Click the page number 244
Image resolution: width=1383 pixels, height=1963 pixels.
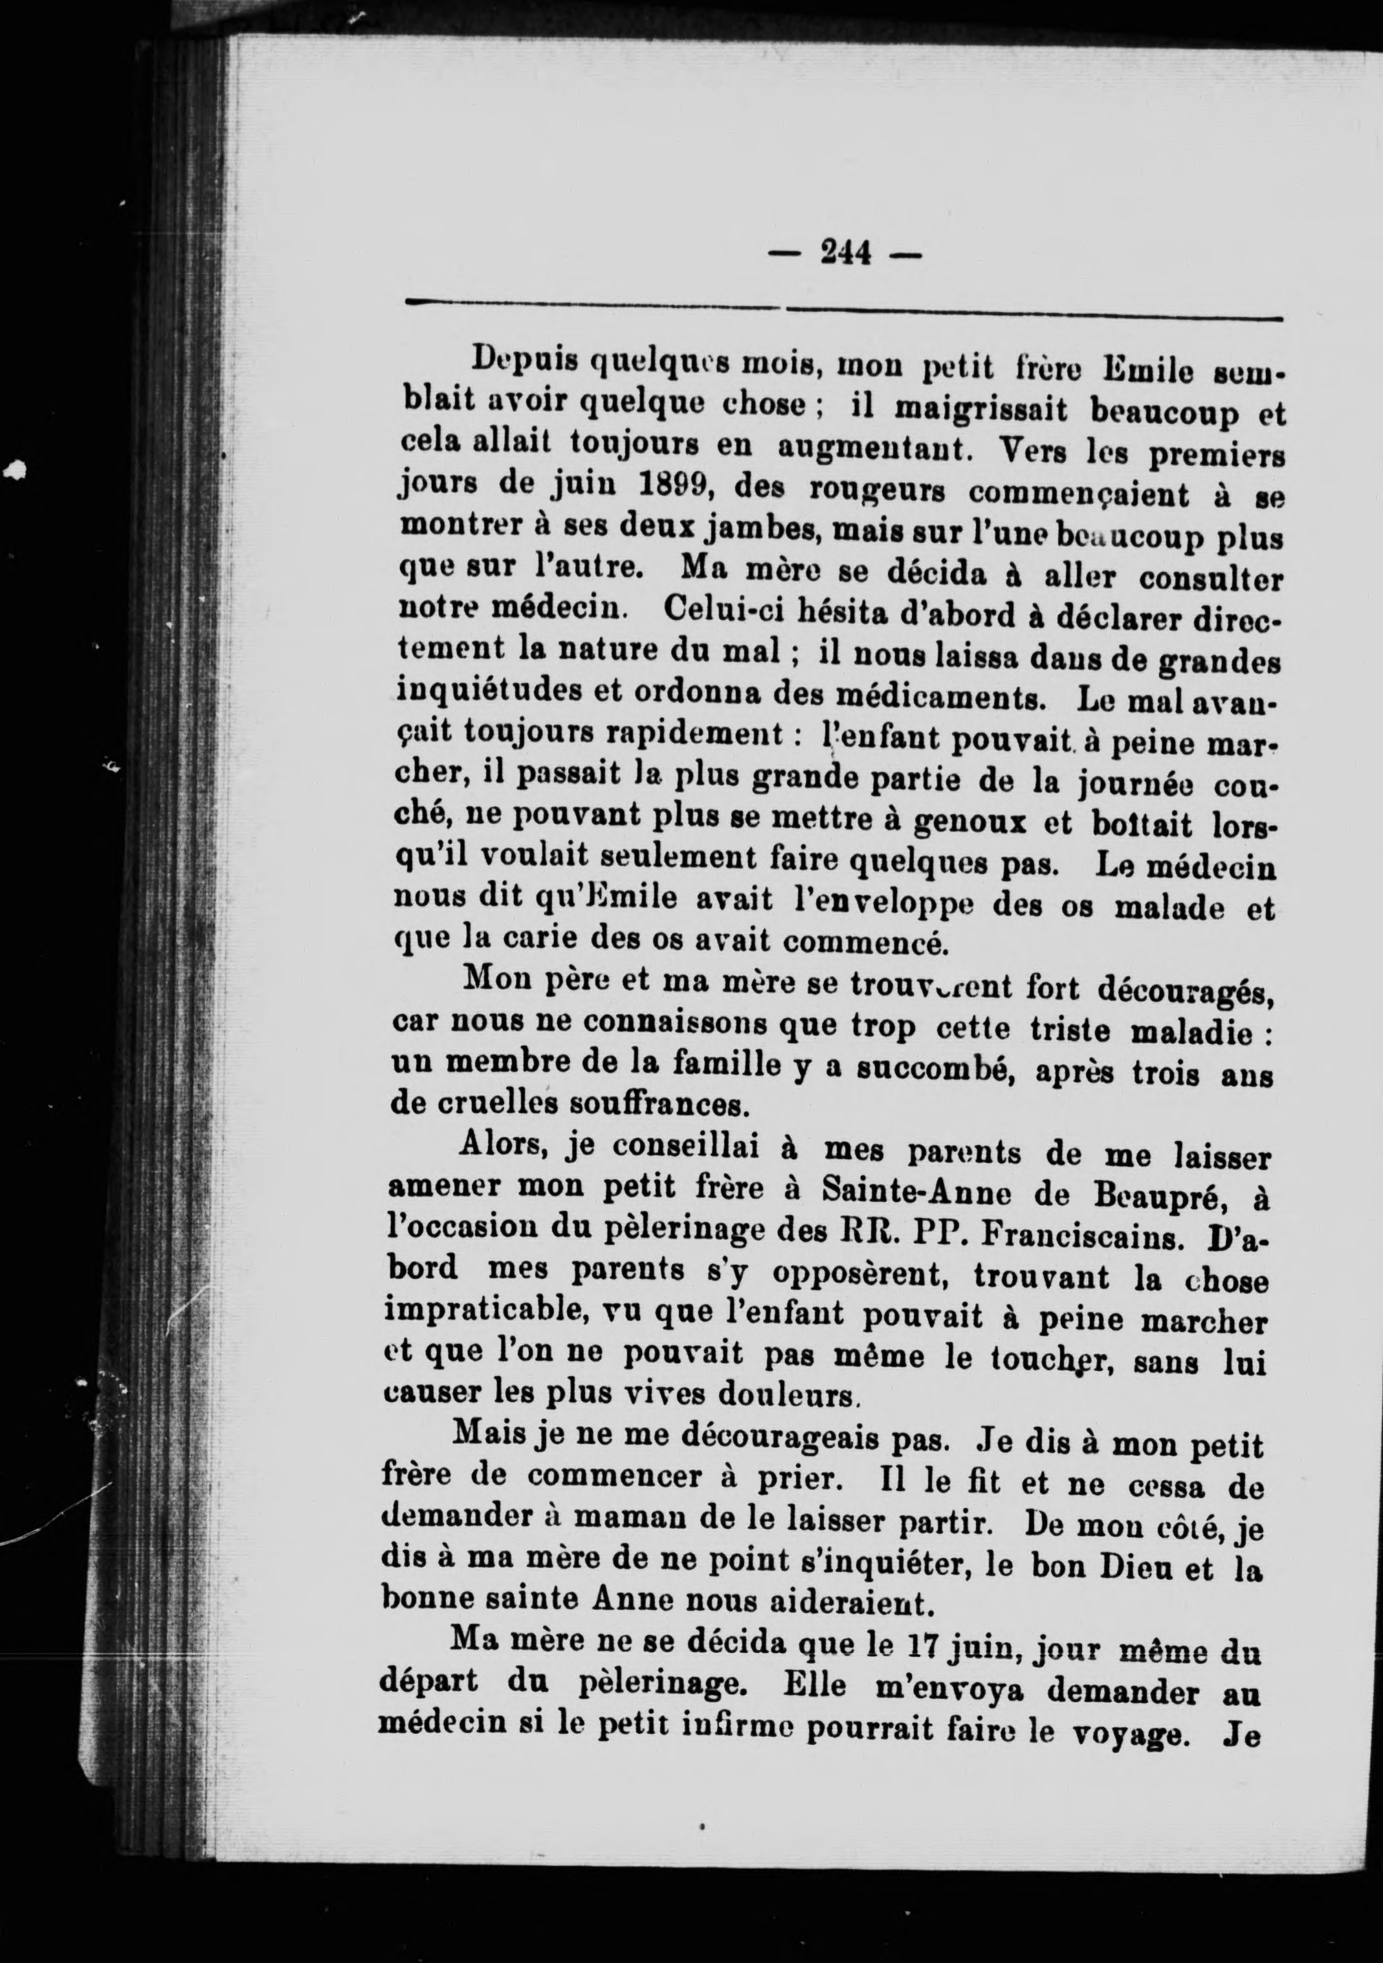(845, 252)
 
